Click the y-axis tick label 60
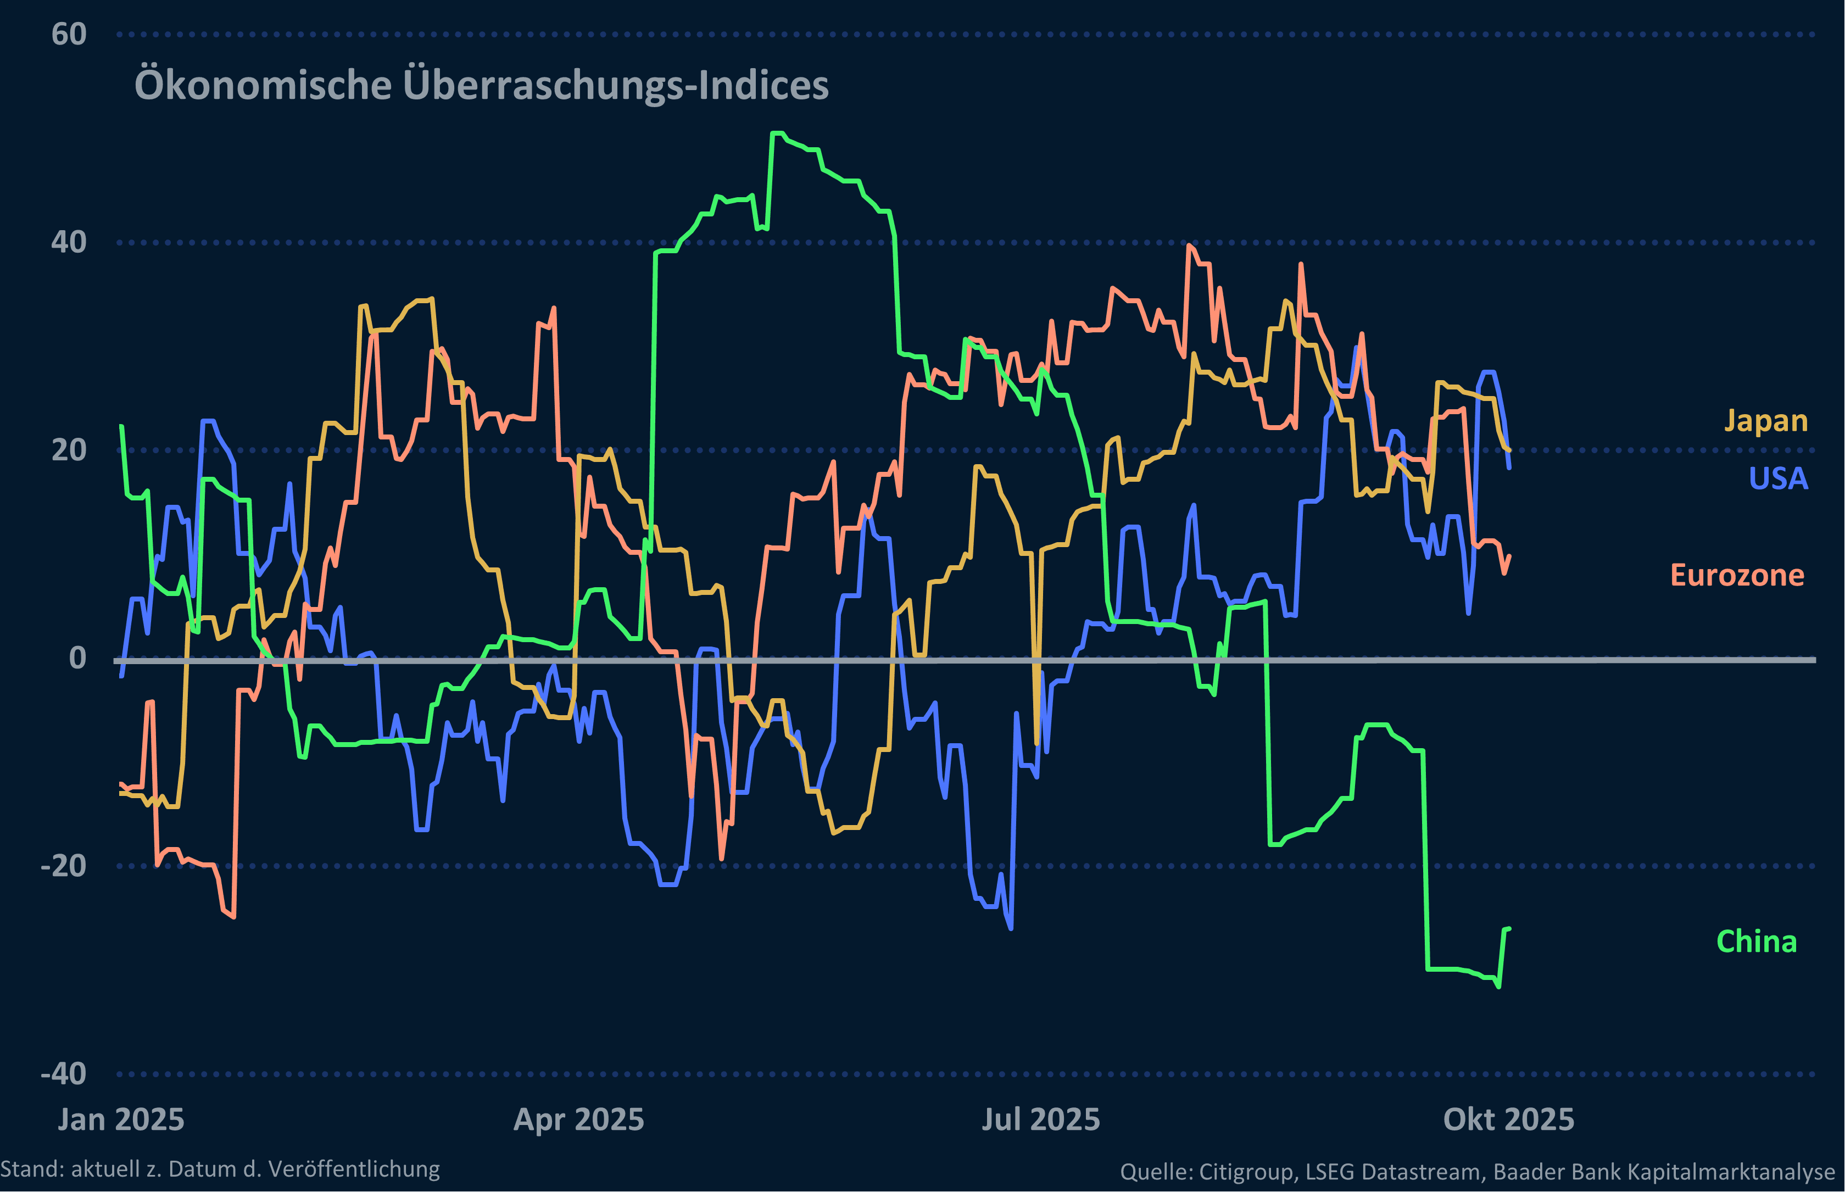69,35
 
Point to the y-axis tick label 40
69,243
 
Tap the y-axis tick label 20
69,450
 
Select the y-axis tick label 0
77,659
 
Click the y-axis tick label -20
64,866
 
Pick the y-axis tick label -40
64,1074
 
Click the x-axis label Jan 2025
121,1120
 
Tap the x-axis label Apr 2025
579,1120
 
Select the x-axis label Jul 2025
1040,1120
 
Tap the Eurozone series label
1737,576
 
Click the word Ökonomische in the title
263,85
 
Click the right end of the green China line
1509,929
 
